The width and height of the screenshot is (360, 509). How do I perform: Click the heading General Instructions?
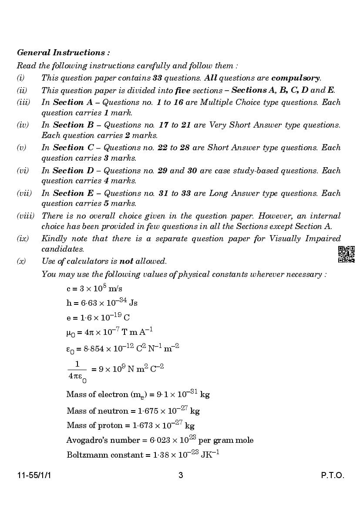coord(63,53)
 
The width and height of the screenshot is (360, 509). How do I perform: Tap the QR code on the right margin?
coord(346,254)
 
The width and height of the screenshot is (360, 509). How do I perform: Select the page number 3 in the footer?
coord(181,475)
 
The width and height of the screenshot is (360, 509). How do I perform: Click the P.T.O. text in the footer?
coord(332,475)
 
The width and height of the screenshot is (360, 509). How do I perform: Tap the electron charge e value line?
coord(98,317)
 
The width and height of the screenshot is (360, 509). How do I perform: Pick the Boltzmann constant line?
coord(143,455)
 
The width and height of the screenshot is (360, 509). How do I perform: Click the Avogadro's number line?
coord(160,440)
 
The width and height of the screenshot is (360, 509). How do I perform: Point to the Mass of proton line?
coord(131,425)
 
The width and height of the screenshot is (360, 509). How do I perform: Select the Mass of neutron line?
coord(133,411)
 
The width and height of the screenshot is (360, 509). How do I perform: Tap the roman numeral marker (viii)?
coord(26,216)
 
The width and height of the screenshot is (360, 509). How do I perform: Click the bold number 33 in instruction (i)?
coord(158,78)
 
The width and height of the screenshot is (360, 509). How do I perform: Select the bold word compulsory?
coord(295,78)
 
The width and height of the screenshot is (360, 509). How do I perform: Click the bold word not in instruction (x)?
coord(126,261)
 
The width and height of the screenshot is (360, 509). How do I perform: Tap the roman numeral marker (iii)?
coord(24,102)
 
